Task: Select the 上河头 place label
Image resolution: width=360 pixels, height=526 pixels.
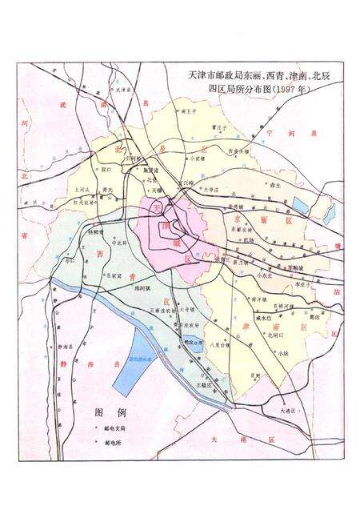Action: click(82, 190)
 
